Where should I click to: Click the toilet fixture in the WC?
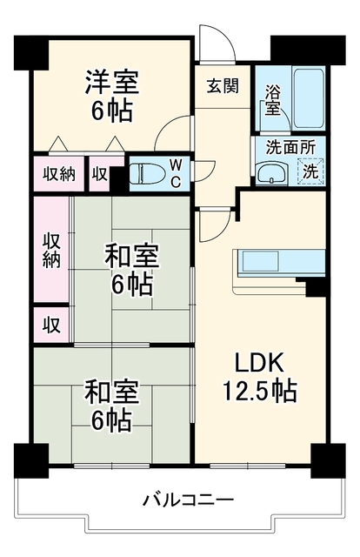coord(145,173)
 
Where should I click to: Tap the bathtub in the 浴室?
coord(309,98)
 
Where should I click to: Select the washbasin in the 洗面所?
coord(273,173)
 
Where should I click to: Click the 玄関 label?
coord(223,86)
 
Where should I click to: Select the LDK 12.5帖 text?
coord(259,377)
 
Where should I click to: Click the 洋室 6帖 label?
coord(111,96)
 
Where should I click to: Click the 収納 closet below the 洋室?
coord(59,174)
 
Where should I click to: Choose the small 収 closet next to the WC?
coord(101,174)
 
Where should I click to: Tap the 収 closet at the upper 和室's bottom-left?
coord(52,325)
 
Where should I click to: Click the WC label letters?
coord(176,173)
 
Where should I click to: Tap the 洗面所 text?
coord(290,147)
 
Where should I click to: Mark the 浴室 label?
coord(273,101)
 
